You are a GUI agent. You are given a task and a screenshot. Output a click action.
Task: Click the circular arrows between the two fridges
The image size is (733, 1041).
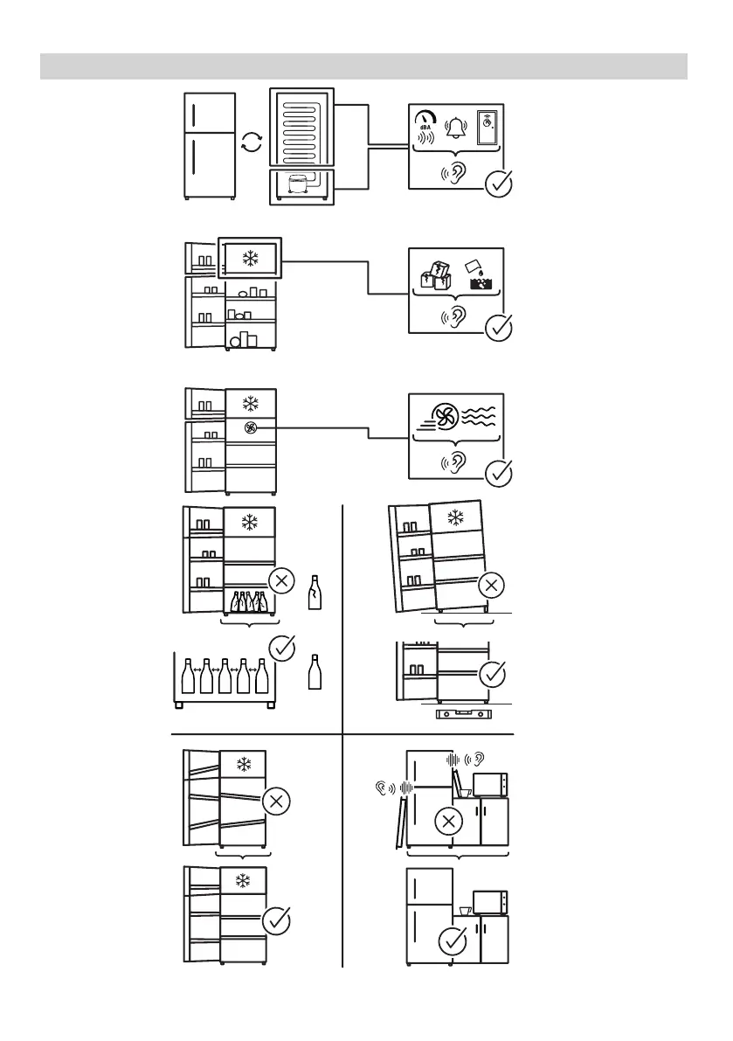[x=251, y=143]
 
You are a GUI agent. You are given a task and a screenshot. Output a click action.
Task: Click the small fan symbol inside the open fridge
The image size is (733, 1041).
[x=252, y=428]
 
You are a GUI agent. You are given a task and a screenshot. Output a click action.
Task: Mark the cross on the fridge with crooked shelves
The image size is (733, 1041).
[x=277, y=802]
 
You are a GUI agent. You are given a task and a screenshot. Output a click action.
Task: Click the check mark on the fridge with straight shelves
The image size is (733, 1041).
[x=277, y=920]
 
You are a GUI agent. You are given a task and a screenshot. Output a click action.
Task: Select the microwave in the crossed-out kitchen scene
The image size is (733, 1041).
[x=490, y=784]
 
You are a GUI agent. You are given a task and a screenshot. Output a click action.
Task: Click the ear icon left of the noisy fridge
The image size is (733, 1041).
[x=380, y=787]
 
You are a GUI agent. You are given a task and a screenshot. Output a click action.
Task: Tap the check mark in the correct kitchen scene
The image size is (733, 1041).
[x=452, y=941]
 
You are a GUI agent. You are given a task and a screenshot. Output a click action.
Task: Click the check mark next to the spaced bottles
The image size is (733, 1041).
[x=281, y=649]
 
